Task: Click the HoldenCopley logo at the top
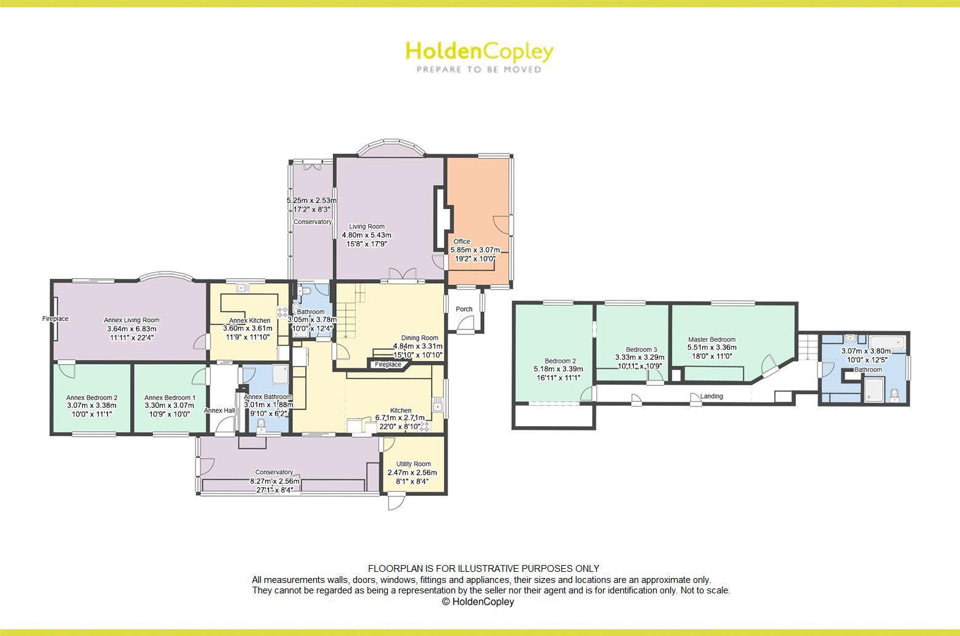[479, 52]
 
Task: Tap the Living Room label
[366, 226]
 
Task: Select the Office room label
[462, 241]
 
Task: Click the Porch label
[464, 309]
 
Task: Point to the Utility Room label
[413, 464]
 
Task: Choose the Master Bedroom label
[712, 339]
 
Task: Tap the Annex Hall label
[219, 410]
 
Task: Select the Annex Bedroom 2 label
[92, 398]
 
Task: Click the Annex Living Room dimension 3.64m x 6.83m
[131, 329]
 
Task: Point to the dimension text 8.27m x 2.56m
[274, 481]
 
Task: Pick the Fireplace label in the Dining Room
[388, 365]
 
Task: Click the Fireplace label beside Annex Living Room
[55, 319]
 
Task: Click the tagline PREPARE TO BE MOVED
[479, 70]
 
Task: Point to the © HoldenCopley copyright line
[478, 601]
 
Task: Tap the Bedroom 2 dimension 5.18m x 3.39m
[558, 370]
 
